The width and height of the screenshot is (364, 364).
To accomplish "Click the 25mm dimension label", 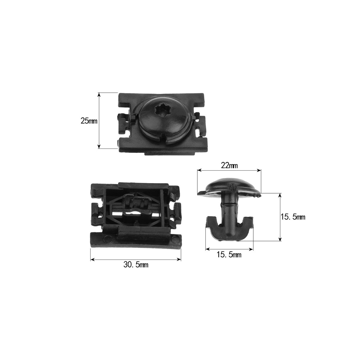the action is pyautogui.click(x=89, y=121).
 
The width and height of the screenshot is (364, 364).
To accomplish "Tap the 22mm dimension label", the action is pyautogui.click(x=229, y=166).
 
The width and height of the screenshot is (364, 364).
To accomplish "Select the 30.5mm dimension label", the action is pyautogui.click(x=136, y=265).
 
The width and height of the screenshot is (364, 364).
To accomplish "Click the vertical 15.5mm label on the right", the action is pyautogui.click(x=293, y=217).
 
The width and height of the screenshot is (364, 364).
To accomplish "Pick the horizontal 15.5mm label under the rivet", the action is pyautogui.click(x=229, y=255).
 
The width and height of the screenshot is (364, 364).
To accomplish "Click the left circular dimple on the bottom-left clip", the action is pyautogui.click(x=108, y=239).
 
